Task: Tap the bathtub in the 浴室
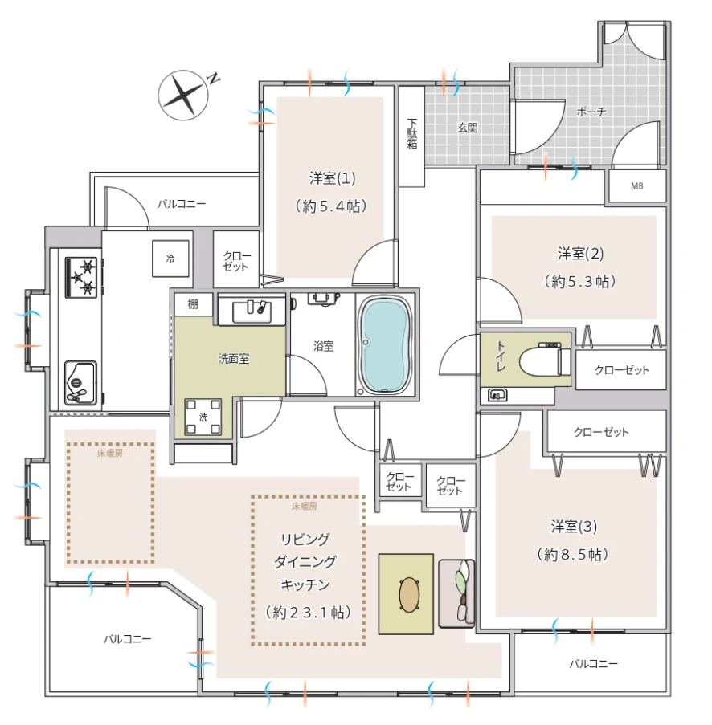[385, 345]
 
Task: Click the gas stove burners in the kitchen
[82, 276]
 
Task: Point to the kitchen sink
[80, 383]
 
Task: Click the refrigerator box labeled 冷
[170, 259]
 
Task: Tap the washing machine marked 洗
[203, 417]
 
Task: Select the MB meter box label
[637, 186]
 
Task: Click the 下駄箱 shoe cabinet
[411, 136]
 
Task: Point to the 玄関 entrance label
[467, 127]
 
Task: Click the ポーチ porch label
[591, 112]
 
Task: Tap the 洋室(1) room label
[333, 178]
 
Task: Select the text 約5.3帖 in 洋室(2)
[580, 281]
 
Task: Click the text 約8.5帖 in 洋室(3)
[573, 554]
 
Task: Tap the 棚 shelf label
[193, 303]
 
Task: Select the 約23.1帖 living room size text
[308, 613]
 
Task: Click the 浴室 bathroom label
[323, 346]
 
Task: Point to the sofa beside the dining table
[456, 593]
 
